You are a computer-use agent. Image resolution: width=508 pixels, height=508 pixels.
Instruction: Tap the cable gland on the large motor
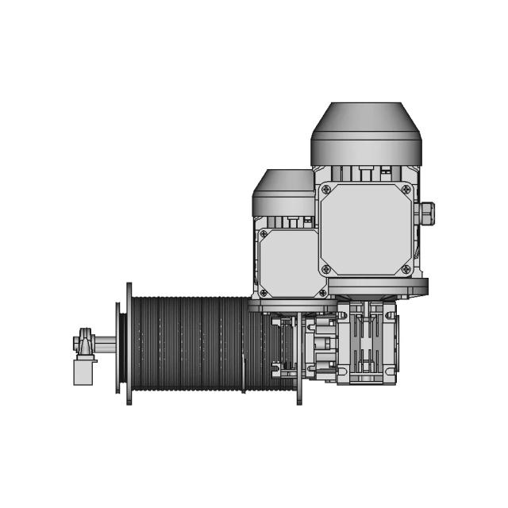(426, 212)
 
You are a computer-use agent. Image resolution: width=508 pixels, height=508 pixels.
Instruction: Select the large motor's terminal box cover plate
(366, 230)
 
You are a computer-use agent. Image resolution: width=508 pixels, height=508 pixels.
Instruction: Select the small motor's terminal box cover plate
(291, 263)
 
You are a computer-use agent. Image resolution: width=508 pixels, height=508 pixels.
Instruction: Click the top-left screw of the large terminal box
(325, 190)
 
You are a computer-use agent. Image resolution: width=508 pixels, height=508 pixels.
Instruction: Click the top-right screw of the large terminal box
(406, 190)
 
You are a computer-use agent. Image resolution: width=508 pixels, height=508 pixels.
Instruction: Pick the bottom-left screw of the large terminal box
(325, 270)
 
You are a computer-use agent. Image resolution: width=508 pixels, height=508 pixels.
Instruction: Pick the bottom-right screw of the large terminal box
(406, 270)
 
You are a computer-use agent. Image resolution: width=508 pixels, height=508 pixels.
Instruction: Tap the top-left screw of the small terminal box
(264, 234)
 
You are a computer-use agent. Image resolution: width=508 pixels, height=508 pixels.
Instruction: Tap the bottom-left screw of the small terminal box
(264, 292)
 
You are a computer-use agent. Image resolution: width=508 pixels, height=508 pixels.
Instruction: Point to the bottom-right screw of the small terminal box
(322, 292)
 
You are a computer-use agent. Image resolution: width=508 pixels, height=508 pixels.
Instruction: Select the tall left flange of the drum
(129, 343)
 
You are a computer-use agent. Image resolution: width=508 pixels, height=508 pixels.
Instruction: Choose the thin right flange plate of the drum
(299, 357)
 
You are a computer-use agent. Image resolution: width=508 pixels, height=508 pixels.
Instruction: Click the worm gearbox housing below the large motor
(368, 341)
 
